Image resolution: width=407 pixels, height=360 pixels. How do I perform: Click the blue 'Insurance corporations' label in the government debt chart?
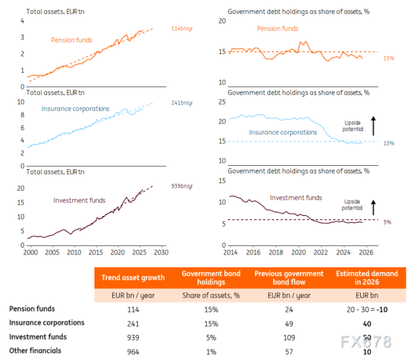click(283, 132)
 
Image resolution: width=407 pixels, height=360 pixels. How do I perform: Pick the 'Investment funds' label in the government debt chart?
click(296, 197)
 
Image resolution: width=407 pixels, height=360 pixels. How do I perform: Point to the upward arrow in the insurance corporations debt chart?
click(373, 126)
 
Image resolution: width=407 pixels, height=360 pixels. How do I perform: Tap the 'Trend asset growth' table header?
click(133, 277)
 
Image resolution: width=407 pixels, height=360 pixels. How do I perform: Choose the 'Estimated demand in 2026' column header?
click(367, 277)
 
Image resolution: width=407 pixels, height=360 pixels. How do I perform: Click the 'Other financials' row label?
click(35, 351)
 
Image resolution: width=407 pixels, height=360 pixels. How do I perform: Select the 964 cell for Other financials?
click(133, 351)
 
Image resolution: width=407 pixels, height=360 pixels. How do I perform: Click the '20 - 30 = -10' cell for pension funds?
click(367, 309)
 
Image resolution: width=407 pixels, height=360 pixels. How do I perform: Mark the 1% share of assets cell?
click(211, 351)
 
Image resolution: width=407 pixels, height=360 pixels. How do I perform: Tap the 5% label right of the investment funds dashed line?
click(387, 222)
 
